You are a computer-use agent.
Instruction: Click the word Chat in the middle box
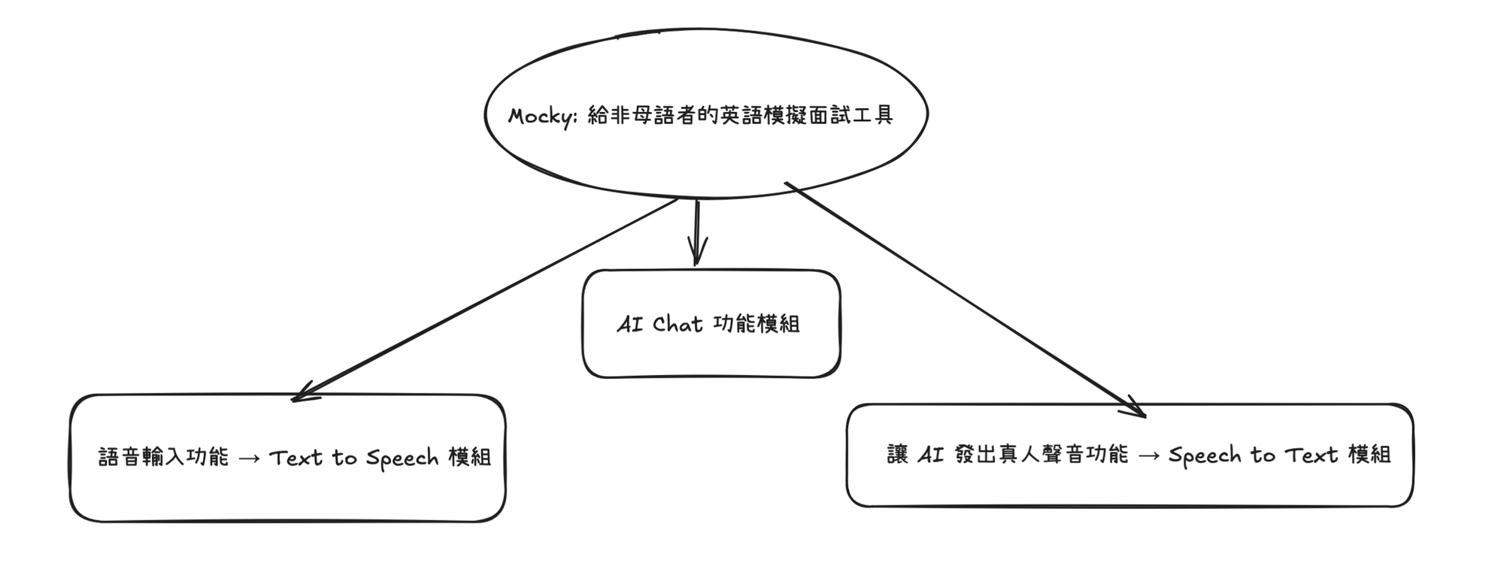coord(678,325)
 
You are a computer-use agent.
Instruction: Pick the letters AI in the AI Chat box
coord(629,325)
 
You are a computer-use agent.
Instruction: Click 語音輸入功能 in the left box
coord(163,457)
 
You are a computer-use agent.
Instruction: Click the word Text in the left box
coord(296,458)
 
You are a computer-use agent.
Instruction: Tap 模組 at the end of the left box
coord(469,457)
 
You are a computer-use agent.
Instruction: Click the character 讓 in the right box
coord(898,455)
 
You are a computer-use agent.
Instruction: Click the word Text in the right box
coord(1311,455)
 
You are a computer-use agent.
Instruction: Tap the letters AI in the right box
coord(930,455)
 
